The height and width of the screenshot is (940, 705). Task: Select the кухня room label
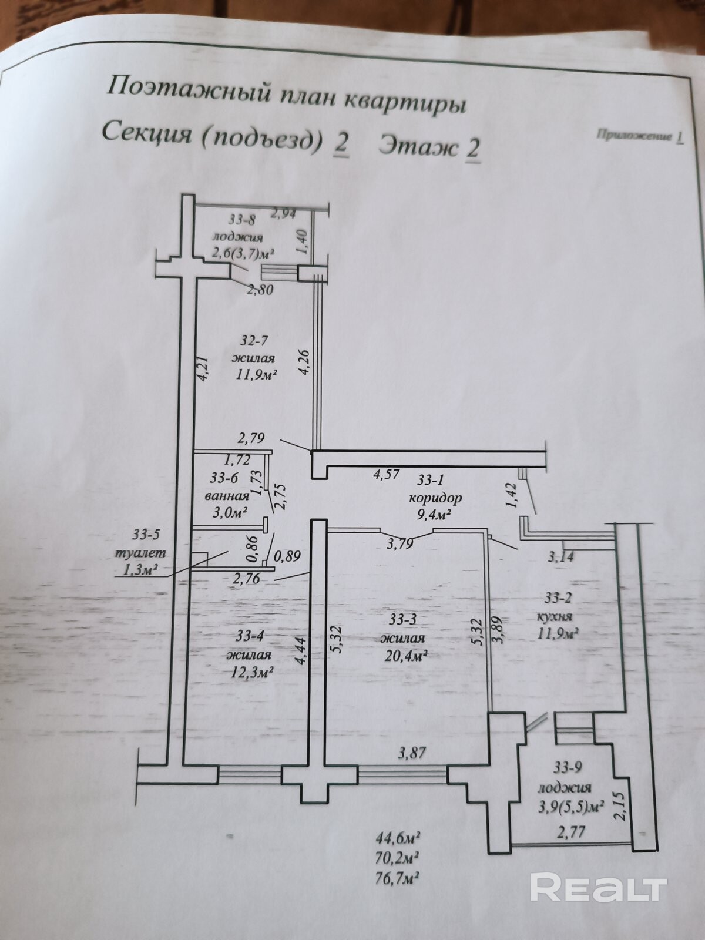[555, 617]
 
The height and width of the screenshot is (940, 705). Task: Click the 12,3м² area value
[251, 673]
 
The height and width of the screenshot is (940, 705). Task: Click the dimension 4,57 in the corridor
[386, 474]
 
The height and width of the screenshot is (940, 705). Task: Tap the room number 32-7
[254, 340]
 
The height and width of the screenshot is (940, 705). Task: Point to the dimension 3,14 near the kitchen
[561, 557]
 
